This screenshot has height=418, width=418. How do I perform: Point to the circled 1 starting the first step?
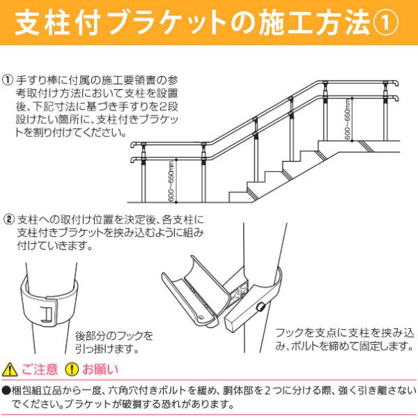tap(8, 79)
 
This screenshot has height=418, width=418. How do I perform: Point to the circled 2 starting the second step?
tap(8, 218)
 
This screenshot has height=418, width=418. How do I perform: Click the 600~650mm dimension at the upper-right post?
tap(346, 119)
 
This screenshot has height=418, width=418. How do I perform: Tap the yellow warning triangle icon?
tap(9, 369)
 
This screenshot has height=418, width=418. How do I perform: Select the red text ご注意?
tap(39, 369)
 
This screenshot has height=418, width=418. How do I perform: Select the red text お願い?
tap(101, 369)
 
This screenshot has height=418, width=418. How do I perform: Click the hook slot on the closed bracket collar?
tap(47, 313)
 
